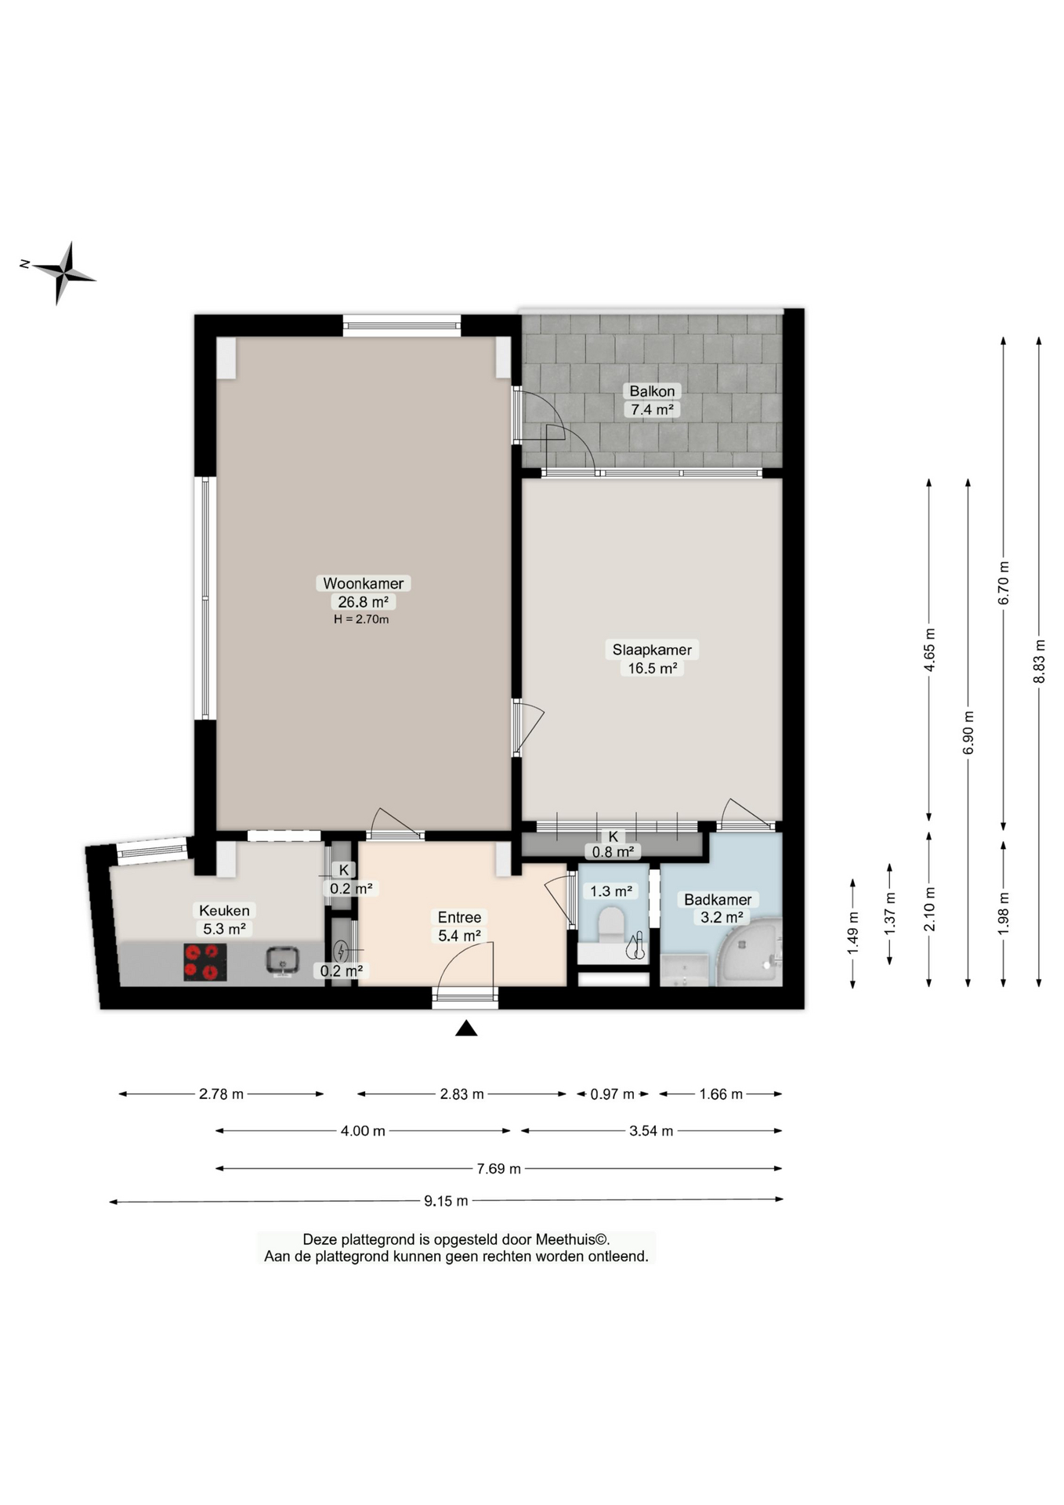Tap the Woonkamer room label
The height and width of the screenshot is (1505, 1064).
click(x=363, y=583)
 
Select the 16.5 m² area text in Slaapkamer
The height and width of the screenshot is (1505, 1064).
click(x=652, y=669)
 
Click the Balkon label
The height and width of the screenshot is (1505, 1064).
click(x=652, y=391)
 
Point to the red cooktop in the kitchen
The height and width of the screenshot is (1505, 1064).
click(x=205, y=962)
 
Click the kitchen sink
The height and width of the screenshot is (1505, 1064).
click(x=282, y=960)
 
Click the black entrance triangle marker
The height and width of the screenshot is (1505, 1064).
click(x=466, y=1028)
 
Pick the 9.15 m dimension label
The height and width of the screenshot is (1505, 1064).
click(x=446, y=1201)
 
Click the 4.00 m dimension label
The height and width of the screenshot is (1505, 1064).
click(x=363, y=1131)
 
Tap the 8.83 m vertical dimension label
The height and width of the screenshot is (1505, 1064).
click(x=1039, y=661)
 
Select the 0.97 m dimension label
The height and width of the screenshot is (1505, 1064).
click(x=612, y=1094)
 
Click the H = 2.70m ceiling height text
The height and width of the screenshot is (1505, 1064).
click(x=361, y=619)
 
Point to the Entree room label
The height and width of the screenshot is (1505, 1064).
click(x=459, y=917)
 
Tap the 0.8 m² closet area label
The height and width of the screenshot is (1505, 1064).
click(x=613, y=852)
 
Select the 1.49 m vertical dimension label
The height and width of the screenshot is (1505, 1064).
click(x=852, y=933)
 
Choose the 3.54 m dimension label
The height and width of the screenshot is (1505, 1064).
click(x=651, y=1131)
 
